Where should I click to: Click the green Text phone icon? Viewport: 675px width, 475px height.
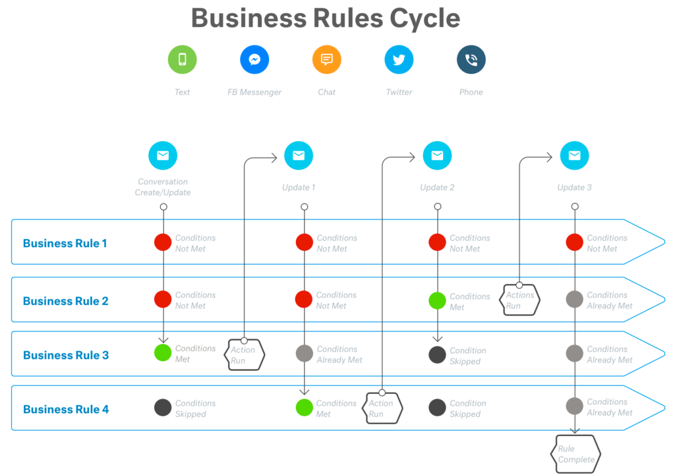coord(183,60)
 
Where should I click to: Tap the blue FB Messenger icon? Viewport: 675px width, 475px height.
coord(254,60)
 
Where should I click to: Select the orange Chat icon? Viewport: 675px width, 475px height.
coord(326,60)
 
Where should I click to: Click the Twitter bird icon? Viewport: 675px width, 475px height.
coord(399,60)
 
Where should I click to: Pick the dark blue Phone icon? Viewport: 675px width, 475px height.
coord(471,60)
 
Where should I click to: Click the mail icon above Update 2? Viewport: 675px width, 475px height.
coord(437,156)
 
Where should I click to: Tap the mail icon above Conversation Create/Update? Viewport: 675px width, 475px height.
coord(163,156)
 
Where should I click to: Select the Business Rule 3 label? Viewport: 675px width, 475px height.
coord(66,355)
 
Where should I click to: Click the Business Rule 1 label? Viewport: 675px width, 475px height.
coord(65,243)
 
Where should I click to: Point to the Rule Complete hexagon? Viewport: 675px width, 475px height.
coord(575,454)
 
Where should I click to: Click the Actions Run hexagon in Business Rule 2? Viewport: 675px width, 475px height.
coord(521,300)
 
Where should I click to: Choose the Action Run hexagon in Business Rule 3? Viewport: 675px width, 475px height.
coord(245,355)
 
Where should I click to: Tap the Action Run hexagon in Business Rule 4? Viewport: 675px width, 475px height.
coord(383,408)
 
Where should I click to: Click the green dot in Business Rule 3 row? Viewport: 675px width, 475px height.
coord(163,352)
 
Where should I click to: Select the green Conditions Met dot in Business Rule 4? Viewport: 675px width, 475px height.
coord(304,407)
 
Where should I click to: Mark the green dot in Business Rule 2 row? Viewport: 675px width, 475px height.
coord(437,300)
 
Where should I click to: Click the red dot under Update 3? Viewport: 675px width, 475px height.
coord(574,242)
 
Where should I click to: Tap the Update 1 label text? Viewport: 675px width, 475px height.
coord(299,187)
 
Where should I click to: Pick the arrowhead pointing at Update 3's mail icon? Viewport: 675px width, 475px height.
coord(548,157)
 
